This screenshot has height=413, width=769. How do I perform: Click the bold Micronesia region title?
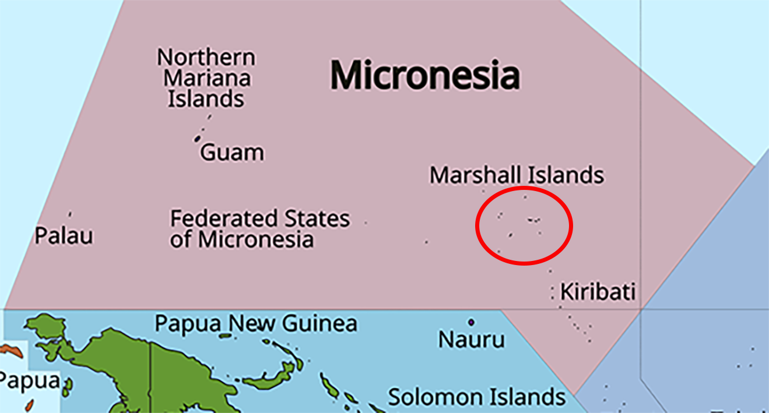[x=425, y=76]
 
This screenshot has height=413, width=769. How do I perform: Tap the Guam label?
[x=232, y=153]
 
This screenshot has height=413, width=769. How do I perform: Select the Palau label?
[x=64, y=236]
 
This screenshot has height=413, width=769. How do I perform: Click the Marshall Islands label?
[x=517, y=175]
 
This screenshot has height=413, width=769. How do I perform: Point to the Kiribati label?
[x=598, y=291]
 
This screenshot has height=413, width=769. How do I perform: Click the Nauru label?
[x=471, y=340]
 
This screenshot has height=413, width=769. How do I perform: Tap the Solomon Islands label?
[x=477, y=397]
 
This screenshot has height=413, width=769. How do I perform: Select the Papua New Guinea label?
[x=255, y=323]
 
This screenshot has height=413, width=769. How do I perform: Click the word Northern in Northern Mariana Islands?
[x=206, y=58]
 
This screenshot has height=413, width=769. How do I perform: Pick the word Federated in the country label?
[x=223, y=219]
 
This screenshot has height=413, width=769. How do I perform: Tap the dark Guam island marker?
[x=197, y=139]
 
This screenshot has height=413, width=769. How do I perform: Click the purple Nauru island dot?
[x=471, y=322]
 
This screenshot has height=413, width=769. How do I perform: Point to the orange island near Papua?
[x=12, y=351]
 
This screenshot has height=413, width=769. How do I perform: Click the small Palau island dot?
[x=70, y=214]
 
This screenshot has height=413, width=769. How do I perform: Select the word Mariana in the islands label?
[x=207, y=78]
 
